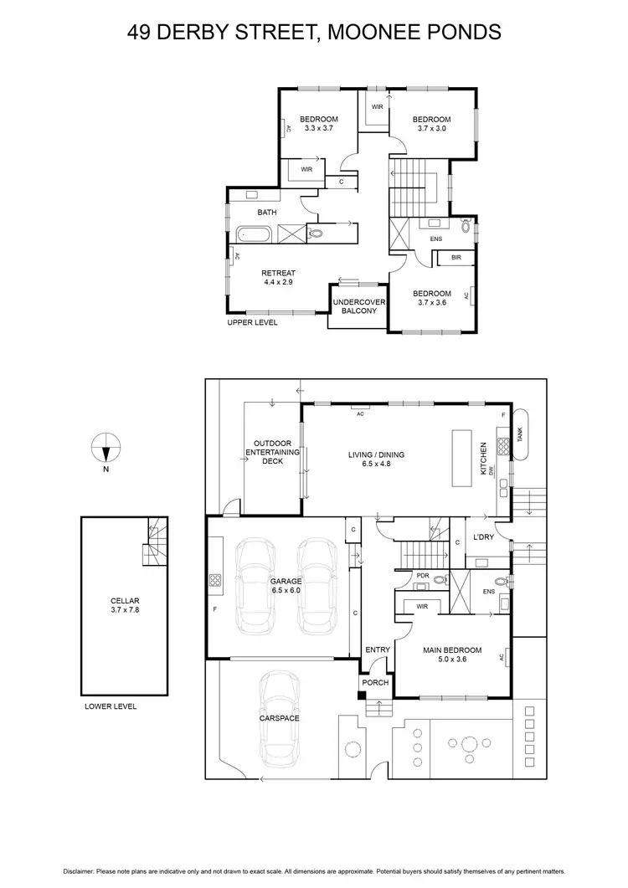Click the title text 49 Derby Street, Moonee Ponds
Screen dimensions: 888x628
[314, 33]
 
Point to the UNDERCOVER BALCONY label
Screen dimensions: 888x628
[354, 305]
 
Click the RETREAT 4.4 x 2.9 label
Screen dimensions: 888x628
[278, 278]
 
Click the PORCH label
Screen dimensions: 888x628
[375, 682]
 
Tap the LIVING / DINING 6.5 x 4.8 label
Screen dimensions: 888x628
[376, 459]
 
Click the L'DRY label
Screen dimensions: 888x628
[483, 536]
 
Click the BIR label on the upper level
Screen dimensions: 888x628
[456, 258]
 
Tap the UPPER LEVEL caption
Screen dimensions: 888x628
[252, 322]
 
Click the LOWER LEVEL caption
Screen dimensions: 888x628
[111, 706]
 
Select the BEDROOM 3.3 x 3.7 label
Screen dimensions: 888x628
[319, 124]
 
